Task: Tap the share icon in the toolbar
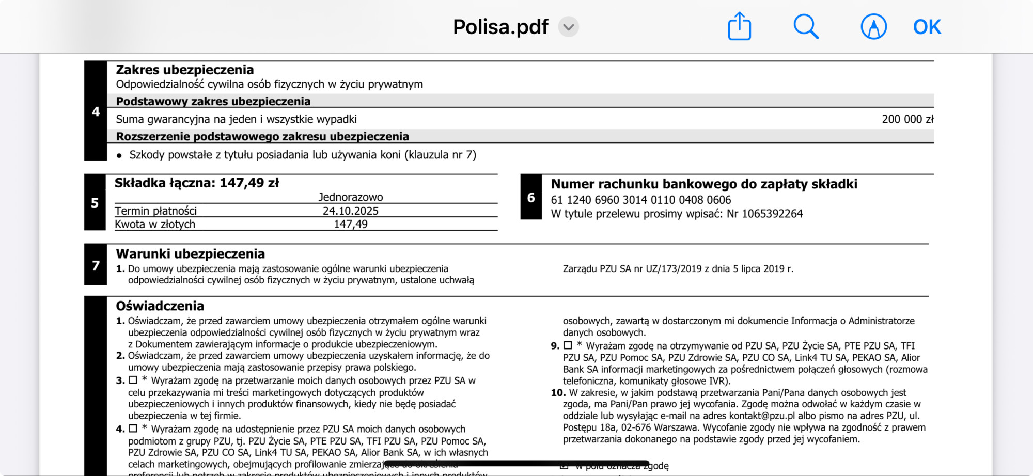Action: pos(739,26)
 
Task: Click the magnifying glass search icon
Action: pos(806,26)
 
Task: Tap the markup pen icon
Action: pos(873,26)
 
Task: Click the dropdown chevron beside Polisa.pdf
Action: pos(568,27)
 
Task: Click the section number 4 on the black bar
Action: pos(96,112)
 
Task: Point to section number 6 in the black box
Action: pos(531,197)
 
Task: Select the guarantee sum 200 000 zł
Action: pos(907,119)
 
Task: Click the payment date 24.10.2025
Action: pos(350,211)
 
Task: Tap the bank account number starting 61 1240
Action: pos(640,200)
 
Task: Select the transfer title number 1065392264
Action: pos(772,214)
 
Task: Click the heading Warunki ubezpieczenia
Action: pos(190,253)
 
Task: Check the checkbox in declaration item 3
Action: pos(133,380)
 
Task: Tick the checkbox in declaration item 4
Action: pos(133,429)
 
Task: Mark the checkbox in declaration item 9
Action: pos(568,345)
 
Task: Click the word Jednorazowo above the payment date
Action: pos(350,197)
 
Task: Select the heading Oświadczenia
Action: pos(160,306)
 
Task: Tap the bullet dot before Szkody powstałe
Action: pos(119,155)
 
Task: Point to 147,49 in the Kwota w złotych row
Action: pos(350,224)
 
